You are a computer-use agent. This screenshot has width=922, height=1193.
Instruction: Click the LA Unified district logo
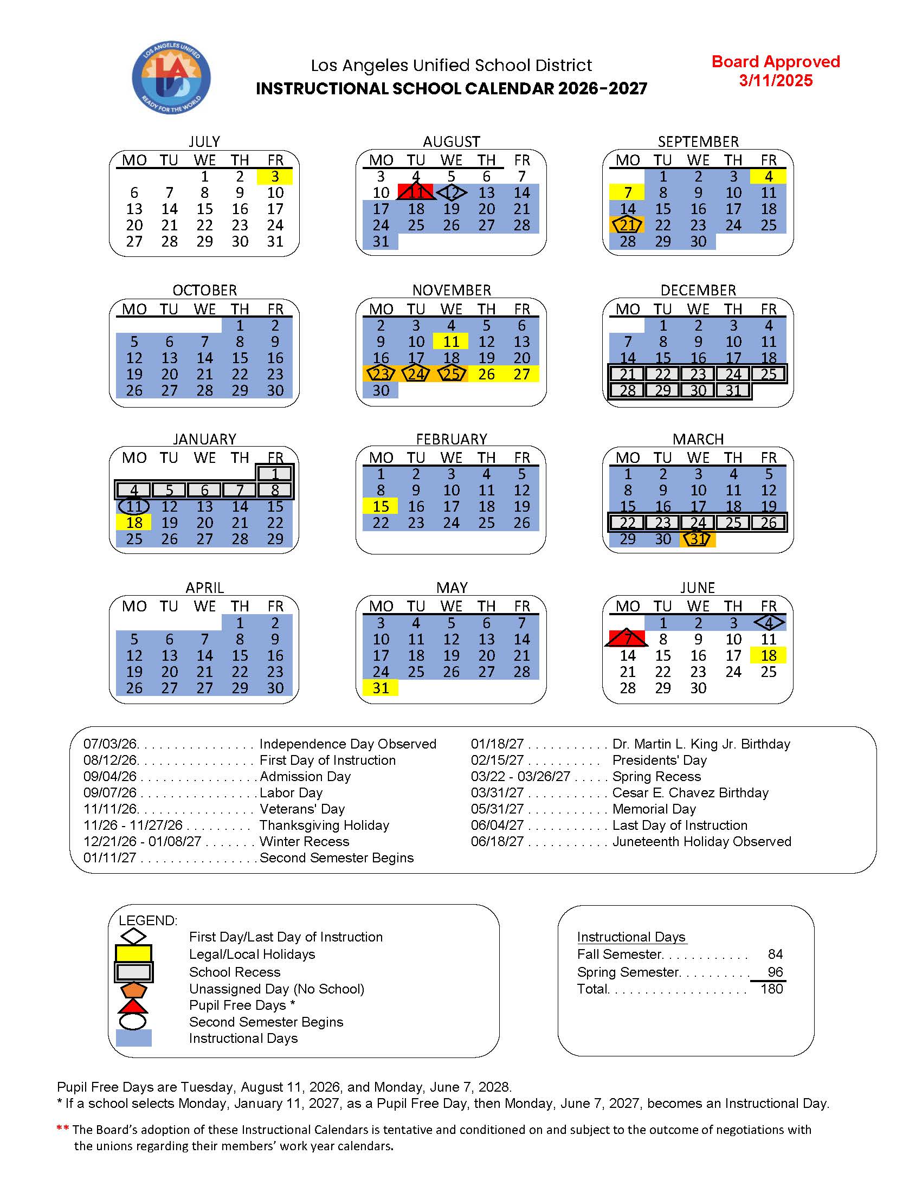[171, 78]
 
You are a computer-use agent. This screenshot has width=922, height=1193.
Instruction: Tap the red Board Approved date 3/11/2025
[776, 81]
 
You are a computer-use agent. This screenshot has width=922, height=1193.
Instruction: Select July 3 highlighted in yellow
[275, 177]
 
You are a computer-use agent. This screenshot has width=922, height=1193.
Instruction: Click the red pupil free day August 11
[416, 192]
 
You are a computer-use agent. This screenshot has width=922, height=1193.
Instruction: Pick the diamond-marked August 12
[451, 192]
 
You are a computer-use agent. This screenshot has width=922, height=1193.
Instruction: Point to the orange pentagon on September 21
[627, 225]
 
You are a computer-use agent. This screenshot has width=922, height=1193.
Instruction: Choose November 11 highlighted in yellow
[450, 341]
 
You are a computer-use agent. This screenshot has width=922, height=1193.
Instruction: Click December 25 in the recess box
[768, 374]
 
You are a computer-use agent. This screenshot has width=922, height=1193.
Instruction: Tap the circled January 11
[134, 506]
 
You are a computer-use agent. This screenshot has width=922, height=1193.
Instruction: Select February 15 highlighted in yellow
[381, 506]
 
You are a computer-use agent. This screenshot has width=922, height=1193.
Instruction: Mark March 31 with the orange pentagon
[698, 539]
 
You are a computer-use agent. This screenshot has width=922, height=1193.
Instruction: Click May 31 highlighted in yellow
[381, 688]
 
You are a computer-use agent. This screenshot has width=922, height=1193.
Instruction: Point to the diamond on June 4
[769, 623]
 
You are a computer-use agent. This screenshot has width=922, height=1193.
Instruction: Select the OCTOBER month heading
[204, 290]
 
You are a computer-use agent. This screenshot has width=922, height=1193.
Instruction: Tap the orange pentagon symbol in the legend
[133, 989]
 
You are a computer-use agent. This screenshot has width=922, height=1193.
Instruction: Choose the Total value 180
[771, 989]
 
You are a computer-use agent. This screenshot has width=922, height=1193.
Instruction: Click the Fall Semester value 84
[775, 954]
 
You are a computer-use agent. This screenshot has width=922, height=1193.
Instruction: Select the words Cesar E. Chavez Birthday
[690, 792]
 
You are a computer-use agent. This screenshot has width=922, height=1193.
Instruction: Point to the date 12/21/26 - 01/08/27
[142, 841]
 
